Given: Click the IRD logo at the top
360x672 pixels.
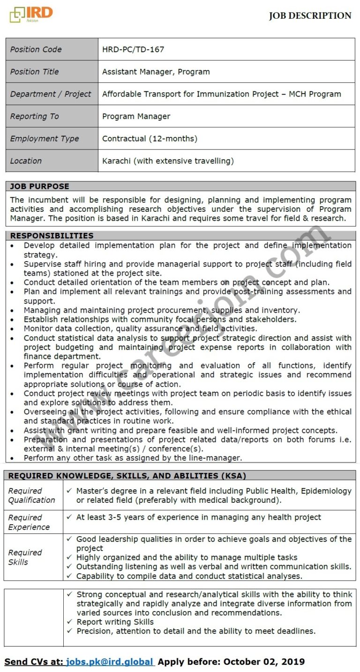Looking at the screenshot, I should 31,15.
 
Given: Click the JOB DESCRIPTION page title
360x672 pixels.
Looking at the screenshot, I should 310,16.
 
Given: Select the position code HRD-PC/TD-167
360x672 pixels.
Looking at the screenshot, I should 133,49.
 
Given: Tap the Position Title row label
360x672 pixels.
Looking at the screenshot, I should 35,72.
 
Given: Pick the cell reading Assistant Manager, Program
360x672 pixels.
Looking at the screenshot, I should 156,72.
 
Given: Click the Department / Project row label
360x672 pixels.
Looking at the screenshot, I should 51,94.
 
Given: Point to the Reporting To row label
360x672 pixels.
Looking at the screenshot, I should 35,116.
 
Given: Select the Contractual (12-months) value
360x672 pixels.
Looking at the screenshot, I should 150,139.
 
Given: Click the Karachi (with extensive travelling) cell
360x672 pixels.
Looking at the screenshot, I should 168,161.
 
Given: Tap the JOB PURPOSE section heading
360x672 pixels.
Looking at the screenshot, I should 39,186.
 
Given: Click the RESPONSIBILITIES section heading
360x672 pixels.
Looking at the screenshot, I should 52,236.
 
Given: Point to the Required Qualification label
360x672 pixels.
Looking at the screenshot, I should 31,495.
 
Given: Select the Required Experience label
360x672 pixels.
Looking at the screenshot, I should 29,522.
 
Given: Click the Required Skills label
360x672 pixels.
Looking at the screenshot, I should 25,557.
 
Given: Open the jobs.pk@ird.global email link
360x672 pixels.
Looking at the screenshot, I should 110,662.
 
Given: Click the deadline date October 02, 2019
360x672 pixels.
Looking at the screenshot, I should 264,662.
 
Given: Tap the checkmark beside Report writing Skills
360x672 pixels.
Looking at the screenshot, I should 69,622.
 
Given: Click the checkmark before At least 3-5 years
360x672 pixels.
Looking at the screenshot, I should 69,517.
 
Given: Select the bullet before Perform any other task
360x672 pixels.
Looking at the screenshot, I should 12,458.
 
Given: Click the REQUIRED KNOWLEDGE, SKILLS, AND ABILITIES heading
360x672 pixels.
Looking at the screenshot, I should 127,476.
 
